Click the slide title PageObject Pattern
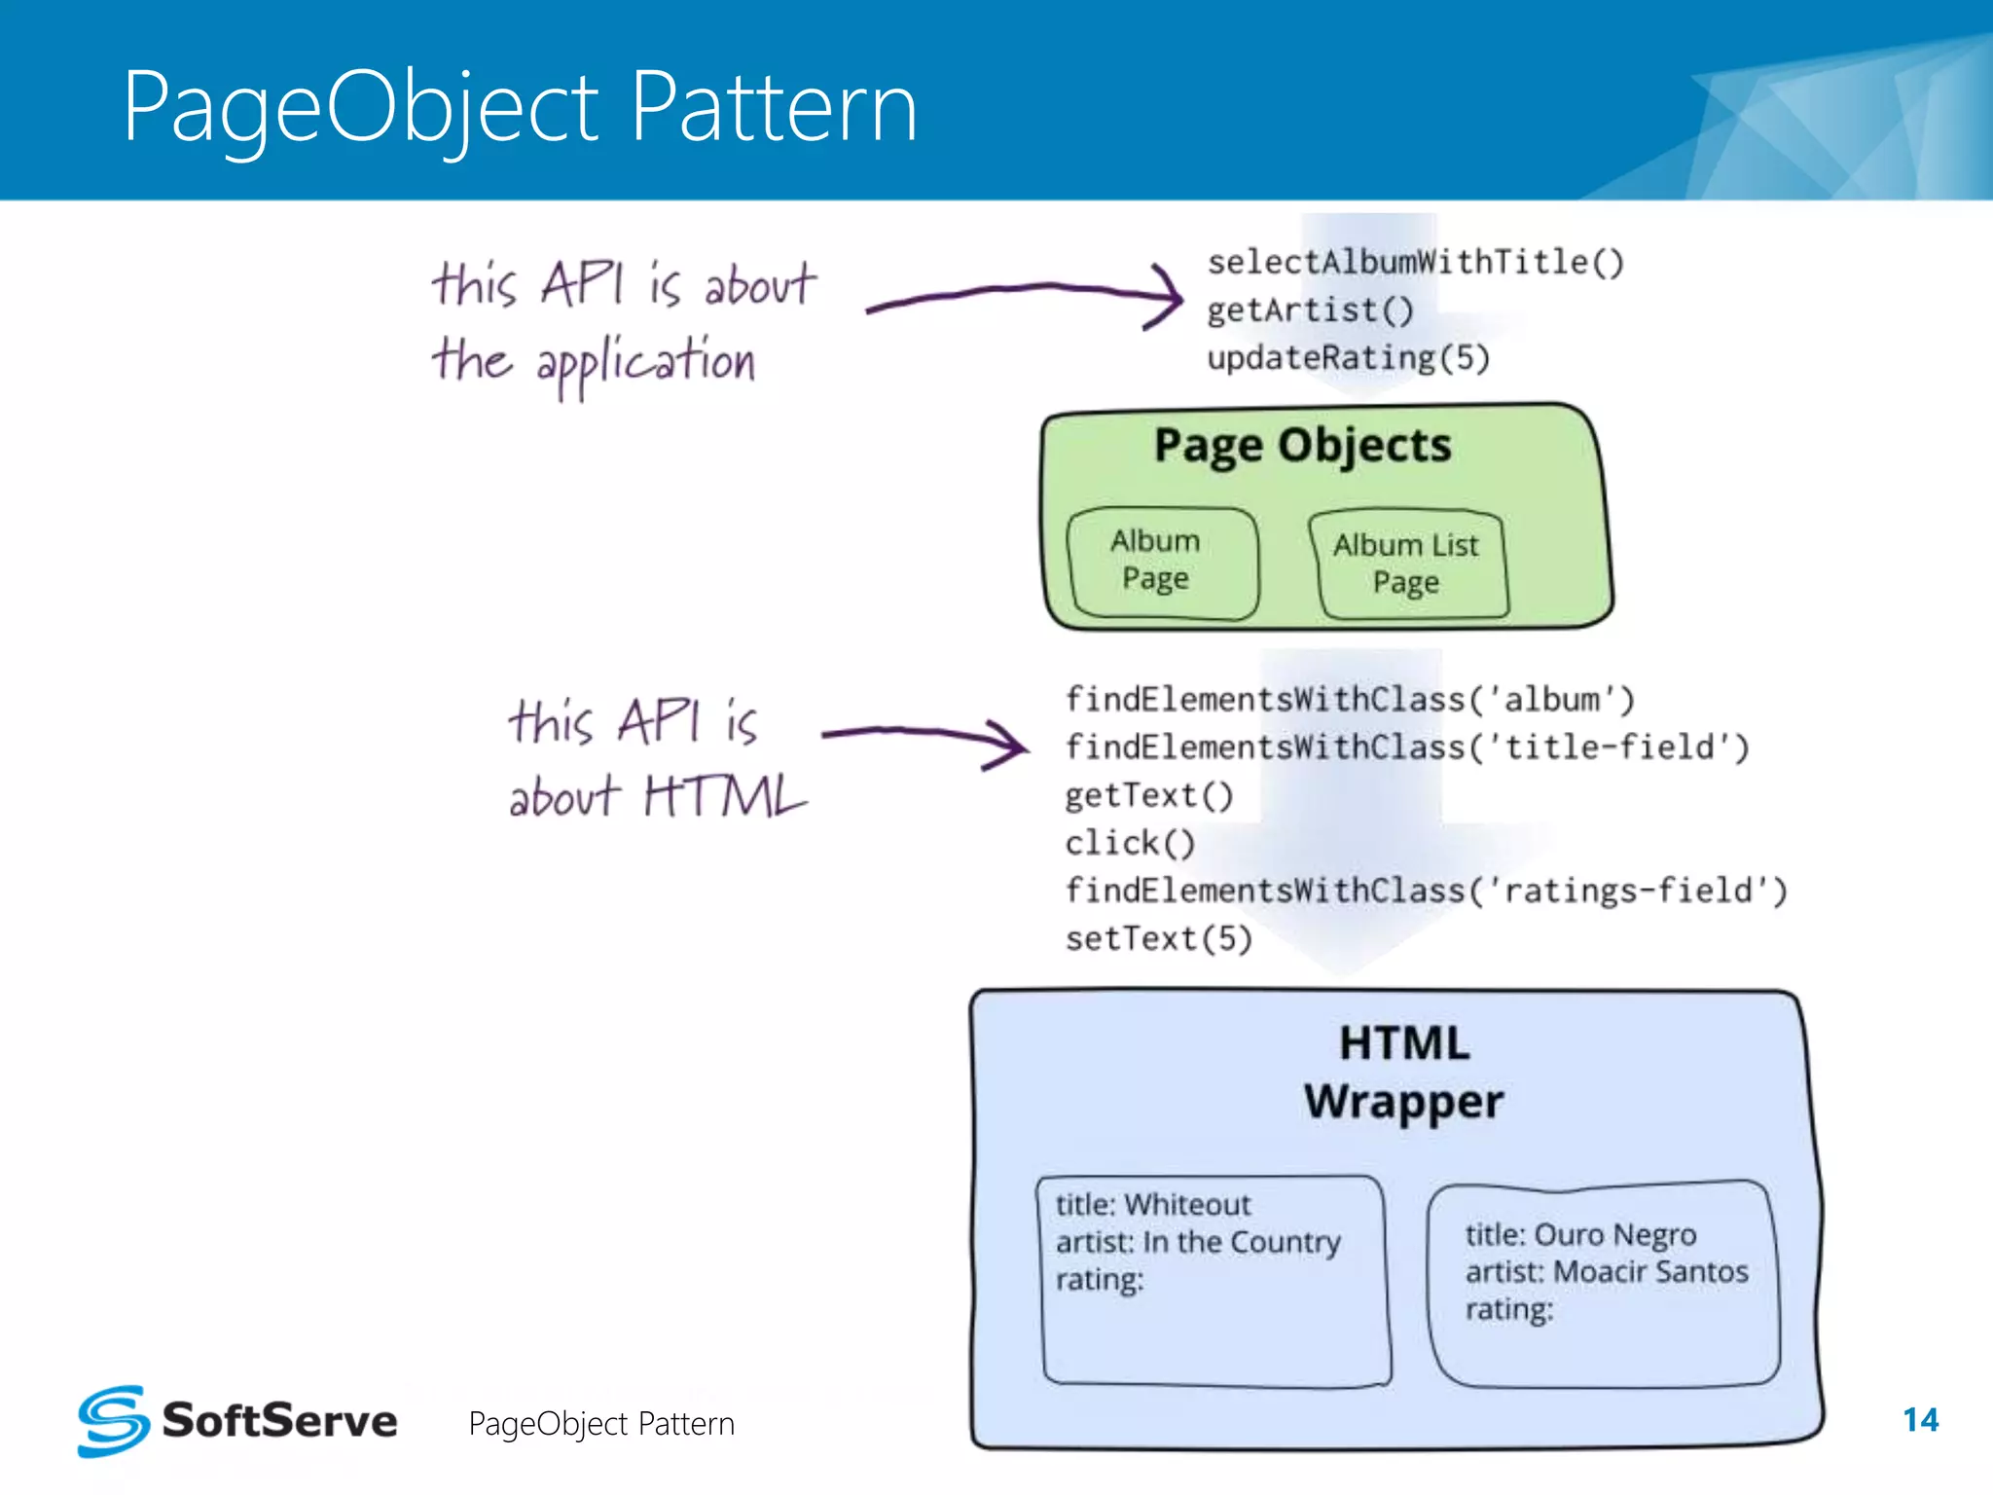click(x=520, y=107)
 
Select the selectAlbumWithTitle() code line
click(x=1415, y=262)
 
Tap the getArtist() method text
click(x=1309, y=310)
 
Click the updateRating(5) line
click(x=1348, y=358)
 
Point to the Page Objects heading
click(x=1302, y=446)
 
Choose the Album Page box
click(x=1162, y=563)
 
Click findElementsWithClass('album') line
click(x=1349, y=699)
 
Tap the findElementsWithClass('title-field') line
click(x=1406, y=747)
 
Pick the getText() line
click(x=1148, y=795)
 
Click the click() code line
click(x=1129, y=843)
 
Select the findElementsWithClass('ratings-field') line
click(x=1425, y=891)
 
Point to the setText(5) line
click(x=1158, y=938)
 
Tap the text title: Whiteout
click(x=1153, y=1205)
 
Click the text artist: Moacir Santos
click(x=1606, y=1272)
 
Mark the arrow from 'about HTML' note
click(x=924, y=738)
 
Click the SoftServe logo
click(x=237, y=1421)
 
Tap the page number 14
click(x=1920, y=1420)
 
